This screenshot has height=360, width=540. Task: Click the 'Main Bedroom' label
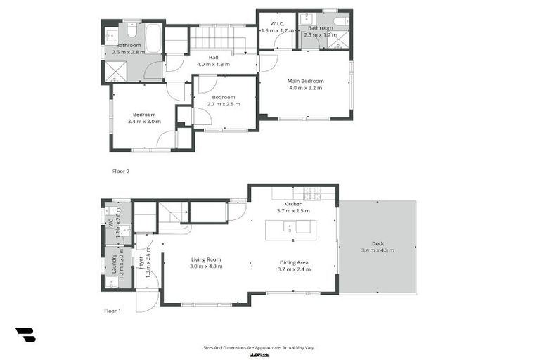304,81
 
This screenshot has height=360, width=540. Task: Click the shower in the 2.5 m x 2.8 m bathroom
113,71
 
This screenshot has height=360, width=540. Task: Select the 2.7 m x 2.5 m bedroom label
224,97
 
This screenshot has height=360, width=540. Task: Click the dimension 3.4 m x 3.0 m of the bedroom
144,122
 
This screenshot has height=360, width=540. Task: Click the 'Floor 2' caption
121,171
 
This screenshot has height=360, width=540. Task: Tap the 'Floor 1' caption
112,310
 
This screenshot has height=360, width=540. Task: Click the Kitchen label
293,203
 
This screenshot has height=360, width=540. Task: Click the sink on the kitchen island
289,227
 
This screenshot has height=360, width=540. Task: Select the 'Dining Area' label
293,262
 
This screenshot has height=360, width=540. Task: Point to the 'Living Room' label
206,259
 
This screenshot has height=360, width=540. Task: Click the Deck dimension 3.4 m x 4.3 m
378,250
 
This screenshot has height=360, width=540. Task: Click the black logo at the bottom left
25,335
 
